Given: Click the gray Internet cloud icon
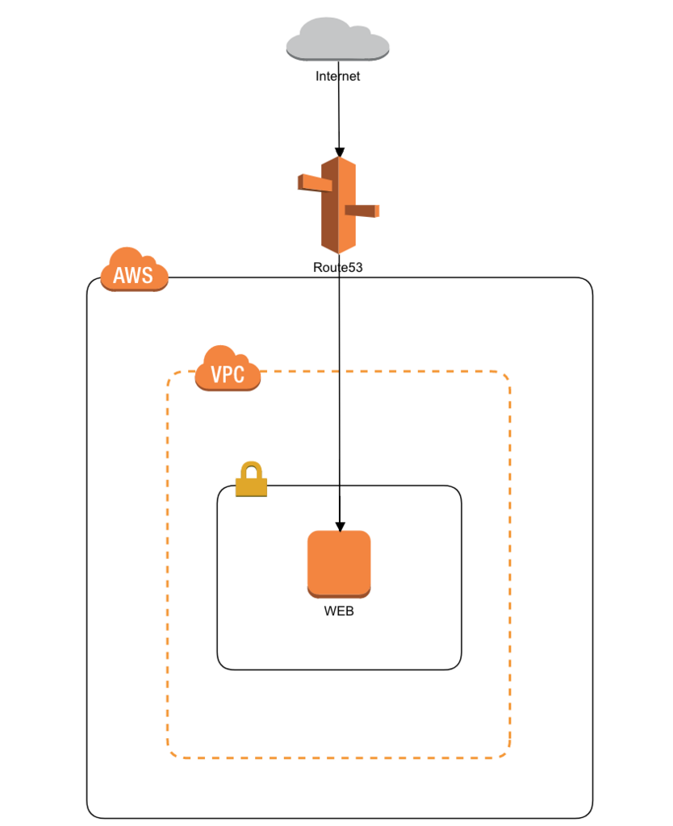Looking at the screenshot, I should (x=338, y=40).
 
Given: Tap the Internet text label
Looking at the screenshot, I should (x=338, y=77).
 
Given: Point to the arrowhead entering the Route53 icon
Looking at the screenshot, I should (x=340, y=152).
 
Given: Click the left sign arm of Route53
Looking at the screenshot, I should (x=315, y=183).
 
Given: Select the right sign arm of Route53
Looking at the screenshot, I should (x=362, y=211).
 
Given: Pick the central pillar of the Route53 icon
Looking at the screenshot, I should (x=338, y=206).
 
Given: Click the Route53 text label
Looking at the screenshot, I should (x=338, y=267).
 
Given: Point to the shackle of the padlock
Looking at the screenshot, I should (x=251, y=469).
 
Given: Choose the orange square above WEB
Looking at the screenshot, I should (x=339, y=563).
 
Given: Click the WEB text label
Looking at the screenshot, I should (x=339, y=611).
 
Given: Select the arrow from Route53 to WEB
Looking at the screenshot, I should (x=340, y=403).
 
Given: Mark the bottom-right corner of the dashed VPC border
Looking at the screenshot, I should (x=508, y=755).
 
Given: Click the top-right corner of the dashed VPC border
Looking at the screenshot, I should (x=508, y=375).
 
